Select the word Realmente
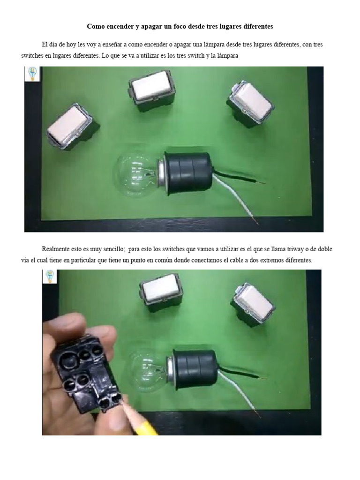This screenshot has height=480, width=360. [x=57, y=249]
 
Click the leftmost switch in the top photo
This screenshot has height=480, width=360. [x=71, y=126]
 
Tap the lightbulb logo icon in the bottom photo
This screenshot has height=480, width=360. [x=50, y=277]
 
